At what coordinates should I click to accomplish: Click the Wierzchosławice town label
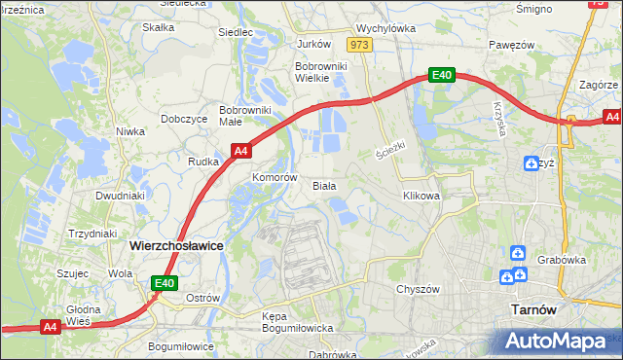pos(176,246)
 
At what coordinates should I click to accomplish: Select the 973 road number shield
pos(360,45)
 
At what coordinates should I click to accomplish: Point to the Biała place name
pos(323,185)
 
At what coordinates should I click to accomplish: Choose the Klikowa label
pos(421,196)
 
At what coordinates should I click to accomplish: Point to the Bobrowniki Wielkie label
pos(315,73)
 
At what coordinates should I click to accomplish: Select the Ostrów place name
pos(202,296)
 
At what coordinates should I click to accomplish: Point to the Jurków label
pos(313,44)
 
